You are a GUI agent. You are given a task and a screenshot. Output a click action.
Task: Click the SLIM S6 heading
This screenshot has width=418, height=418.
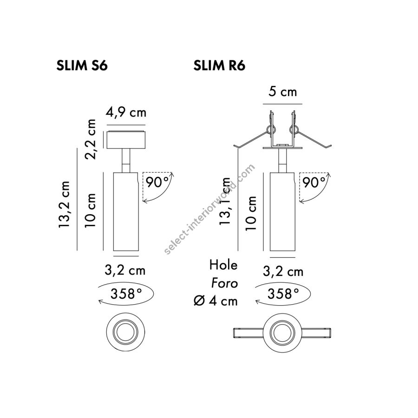[82, 65]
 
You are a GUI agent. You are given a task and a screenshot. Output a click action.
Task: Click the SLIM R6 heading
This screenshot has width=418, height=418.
[219, 65]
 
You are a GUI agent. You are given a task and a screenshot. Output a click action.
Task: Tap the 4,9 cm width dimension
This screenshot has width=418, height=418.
[126, 112]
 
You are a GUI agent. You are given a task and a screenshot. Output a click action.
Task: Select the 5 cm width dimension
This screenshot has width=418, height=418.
[282, 91]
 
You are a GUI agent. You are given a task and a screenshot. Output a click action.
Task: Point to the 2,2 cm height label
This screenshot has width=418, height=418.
[91, 139]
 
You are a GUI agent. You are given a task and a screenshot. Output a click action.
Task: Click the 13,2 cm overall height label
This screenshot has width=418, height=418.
[64, 204]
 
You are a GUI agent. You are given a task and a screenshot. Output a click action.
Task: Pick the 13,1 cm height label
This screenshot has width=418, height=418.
[225, 201]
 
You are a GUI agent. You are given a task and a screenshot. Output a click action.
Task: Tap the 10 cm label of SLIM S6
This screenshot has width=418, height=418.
[91, 210]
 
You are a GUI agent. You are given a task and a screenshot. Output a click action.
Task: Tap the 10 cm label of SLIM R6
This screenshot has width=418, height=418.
[251, 213]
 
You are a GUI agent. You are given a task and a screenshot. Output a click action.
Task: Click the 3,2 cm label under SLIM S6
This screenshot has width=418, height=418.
[125, 270]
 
